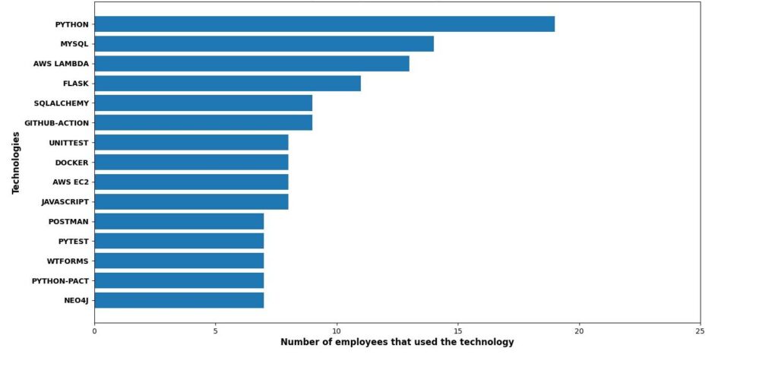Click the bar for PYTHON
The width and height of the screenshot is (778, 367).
[324, 24]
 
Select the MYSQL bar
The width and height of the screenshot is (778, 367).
[264, 44]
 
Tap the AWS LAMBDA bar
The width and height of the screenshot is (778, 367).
[251, 64]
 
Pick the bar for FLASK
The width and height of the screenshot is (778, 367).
[227, 84]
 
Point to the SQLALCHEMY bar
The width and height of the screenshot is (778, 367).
[203, 103]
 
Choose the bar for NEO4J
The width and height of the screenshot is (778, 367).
[179, 300]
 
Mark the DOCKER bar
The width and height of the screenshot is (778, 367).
[191, 163]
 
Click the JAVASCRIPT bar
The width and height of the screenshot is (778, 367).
[191, 202]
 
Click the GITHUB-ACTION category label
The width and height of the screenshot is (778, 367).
[56, 123]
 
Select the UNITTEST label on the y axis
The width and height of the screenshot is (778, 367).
[68, 143]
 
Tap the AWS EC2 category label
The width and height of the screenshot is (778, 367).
[71, 182]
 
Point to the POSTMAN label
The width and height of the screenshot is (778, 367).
[68, 222]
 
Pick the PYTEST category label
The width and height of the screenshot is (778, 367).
[74, 242]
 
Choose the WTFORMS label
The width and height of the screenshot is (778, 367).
[68, 261]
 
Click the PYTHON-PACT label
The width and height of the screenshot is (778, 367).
[60, 281]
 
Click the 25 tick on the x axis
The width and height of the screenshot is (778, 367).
[700, 331]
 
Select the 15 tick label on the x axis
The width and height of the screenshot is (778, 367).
[457, 331]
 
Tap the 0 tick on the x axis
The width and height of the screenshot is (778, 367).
[94, 331]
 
